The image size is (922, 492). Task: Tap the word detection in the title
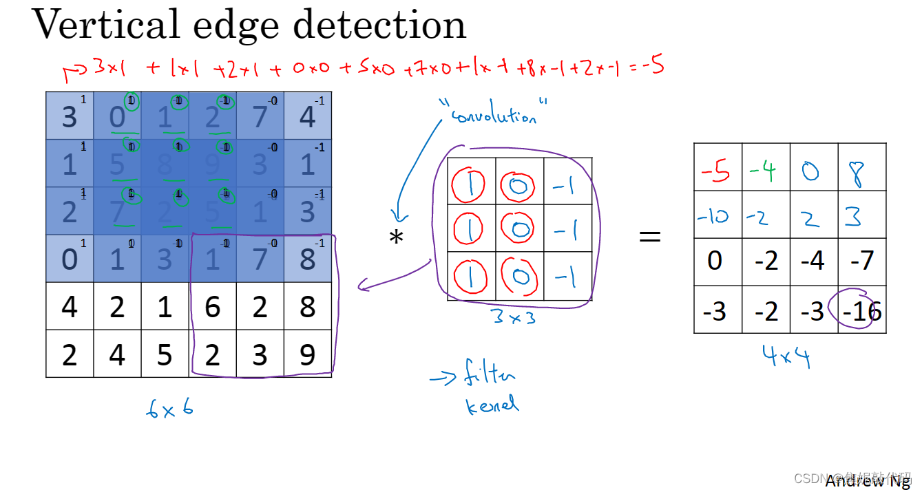click(379, 25)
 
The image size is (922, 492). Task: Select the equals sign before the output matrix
click(649, 237)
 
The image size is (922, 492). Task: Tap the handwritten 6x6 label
click(169, 409)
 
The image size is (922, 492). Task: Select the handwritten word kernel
click(492, 405)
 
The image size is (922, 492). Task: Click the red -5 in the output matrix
click(716, 169)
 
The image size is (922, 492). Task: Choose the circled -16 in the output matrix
click(862, 310)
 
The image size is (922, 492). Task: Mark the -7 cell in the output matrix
click(861, 261)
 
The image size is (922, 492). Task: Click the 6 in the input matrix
click(212, 306)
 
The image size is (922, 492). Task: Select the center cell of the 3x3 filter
click(519, 229)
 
